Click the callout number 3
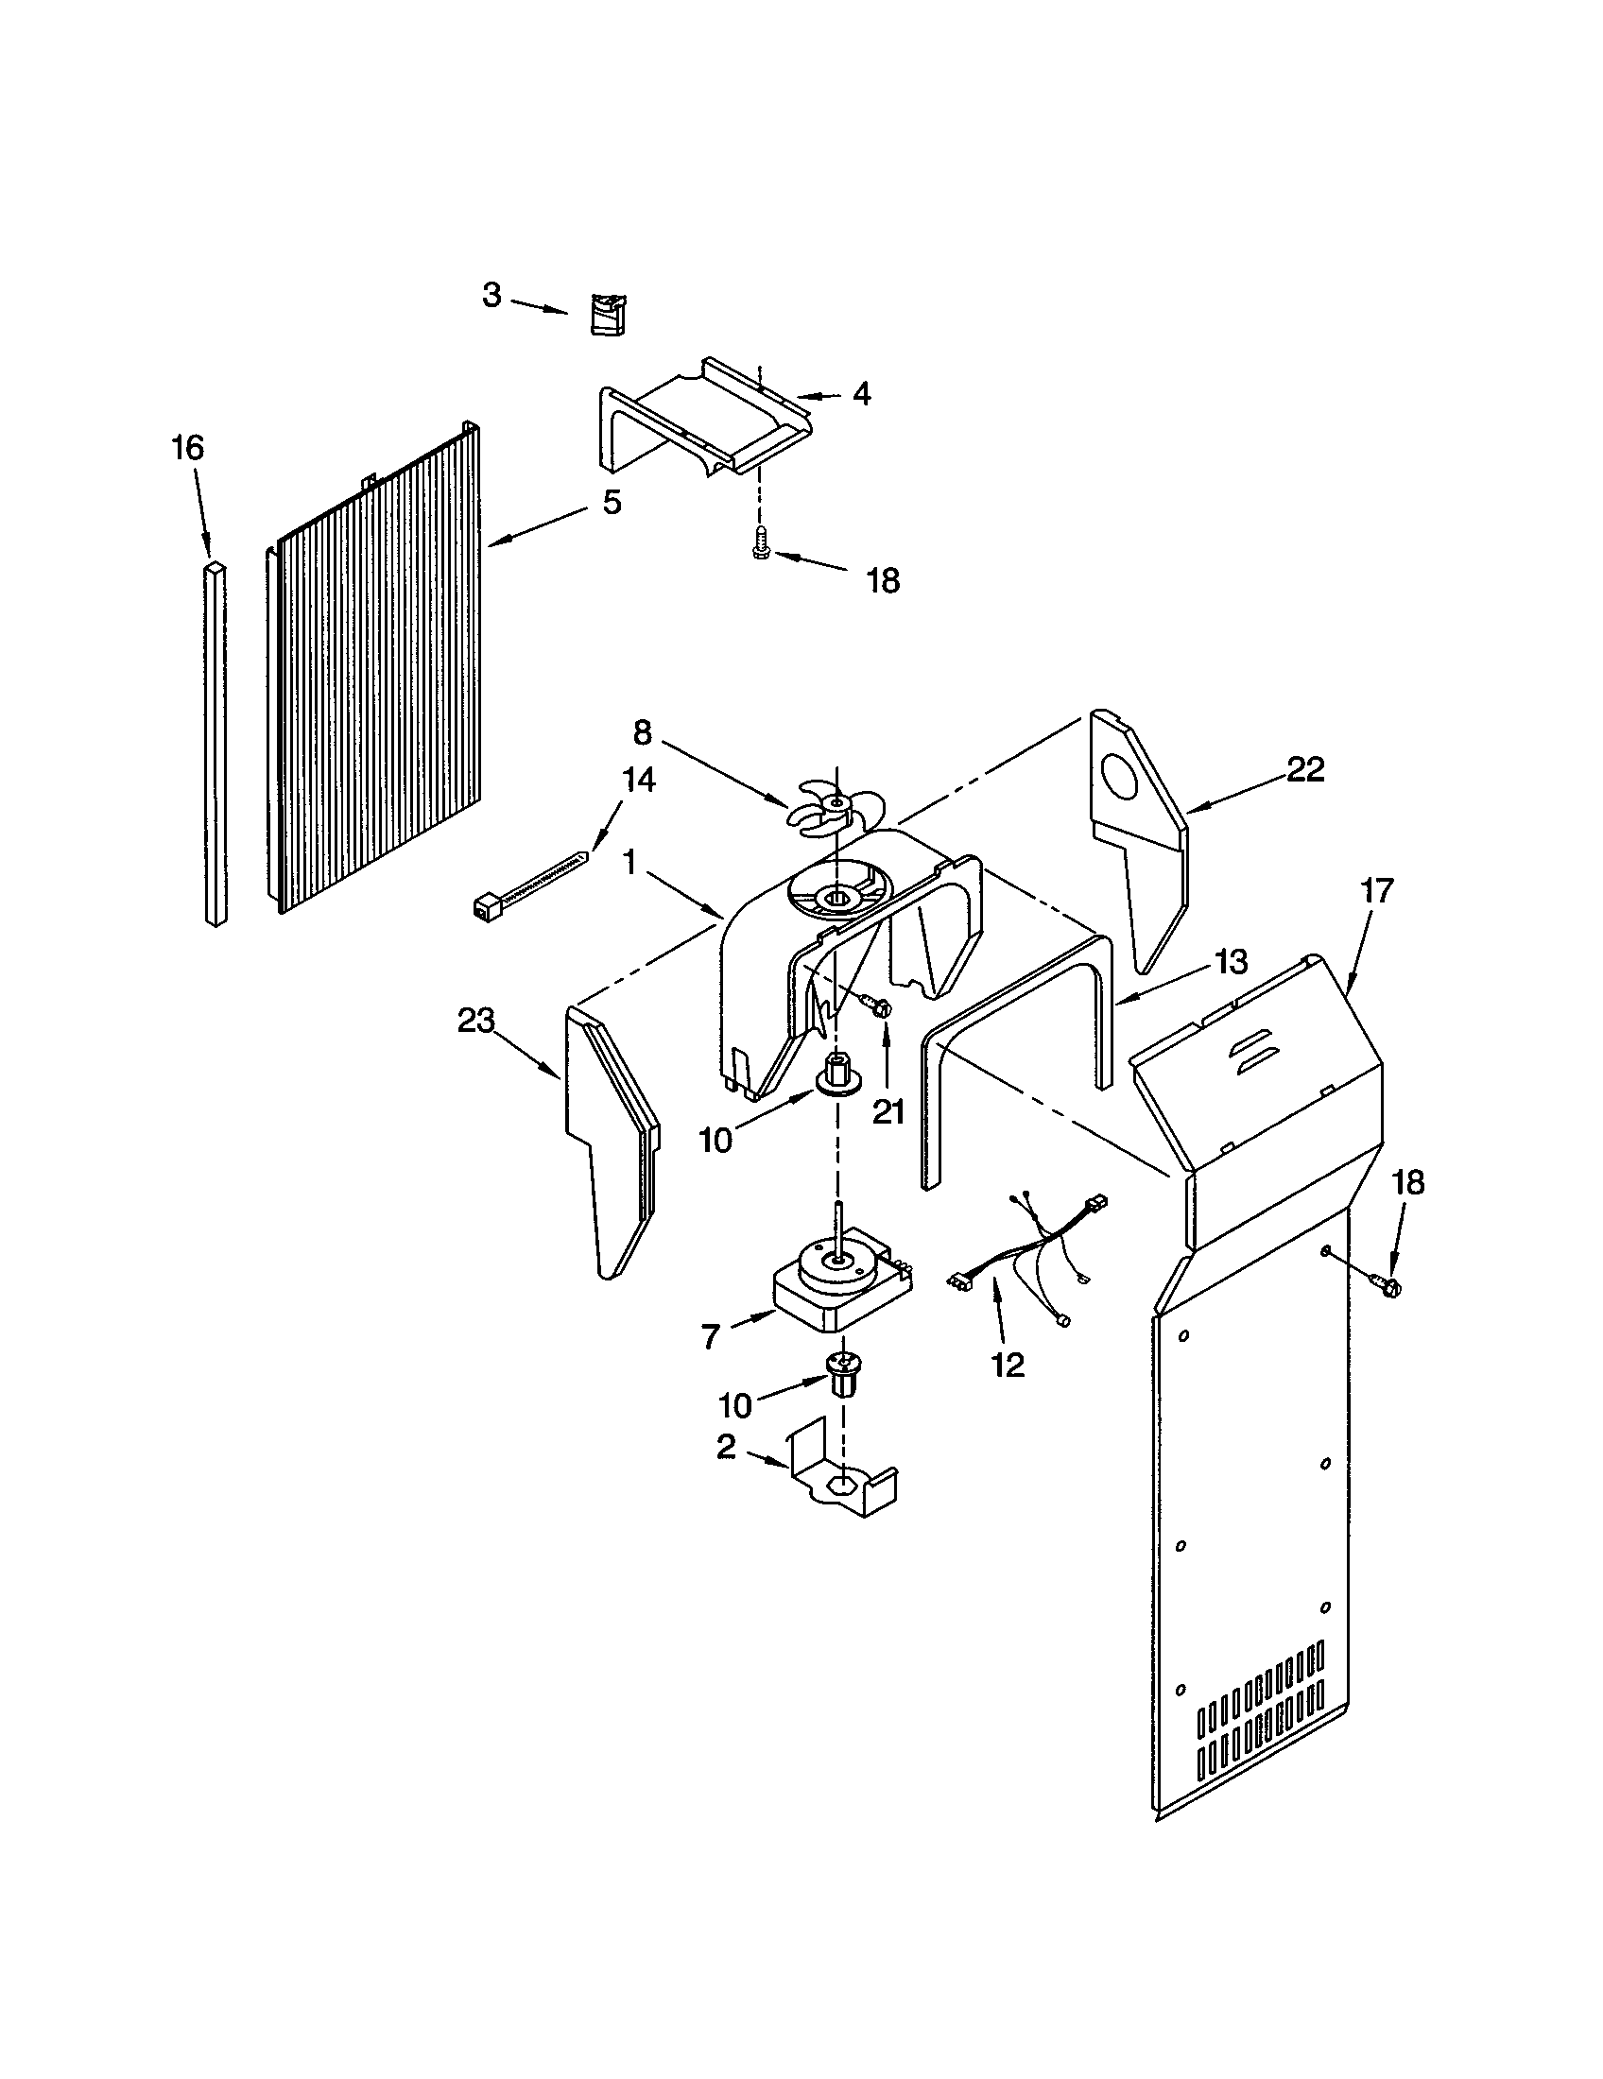pos(491,296)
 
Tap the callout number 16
pos(187,447)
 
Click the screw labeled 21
pos(877,1003)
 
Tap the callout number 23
pos(476,1021)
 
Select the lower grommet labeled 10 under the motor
pos(839,1374)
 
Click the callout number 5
pos(612,502)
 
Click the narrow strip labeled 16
pos(216,743)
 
